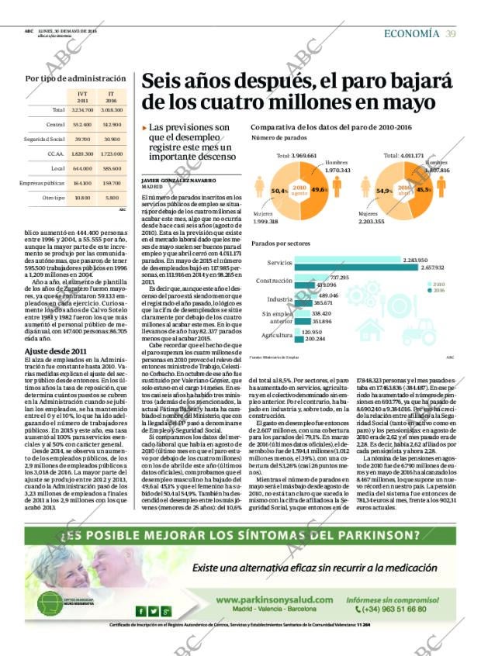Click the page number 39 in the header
(x=450, y=33)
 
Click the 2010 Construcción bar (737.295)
(x=311, y=278)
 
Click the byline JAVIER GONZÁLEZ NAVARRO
(x=178, y=180)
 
